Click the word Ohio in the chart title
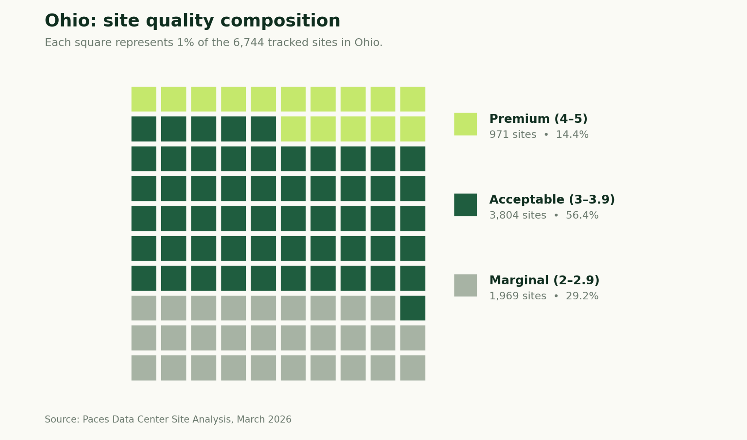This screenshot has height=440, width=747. coord(68,21)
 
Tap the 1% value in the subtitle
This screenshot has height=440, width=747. coord(186,43)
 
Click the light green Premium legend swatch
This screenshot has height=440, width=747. coord(465,124)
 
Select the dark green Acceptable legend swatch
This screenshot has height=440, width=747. coord(465,205)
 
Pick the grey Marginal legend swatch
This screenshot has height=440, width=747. coord(465,285)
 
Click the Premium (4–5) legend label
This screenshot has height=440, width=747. coord(538,119)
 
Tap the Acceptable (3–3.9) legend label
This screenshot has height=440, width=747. coord(551,199)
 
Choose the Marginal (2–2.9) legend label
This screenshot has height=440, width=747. coord(544,280)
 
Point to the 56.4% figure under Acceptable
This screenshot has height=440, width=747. coord(582,215)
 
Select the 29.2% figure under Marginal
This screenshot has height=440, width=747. coord(582,296)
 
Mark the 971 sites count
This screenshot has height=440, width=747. coord(512,135)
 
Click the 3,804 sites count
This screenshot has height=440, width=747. coord(517,215)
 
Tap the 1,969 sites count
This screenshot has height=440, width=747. coord(517,296)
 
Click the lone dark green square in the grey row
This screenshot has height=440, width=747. coord(413,308)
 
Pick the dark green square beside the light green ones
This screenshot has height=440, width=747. coord(263,129)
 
